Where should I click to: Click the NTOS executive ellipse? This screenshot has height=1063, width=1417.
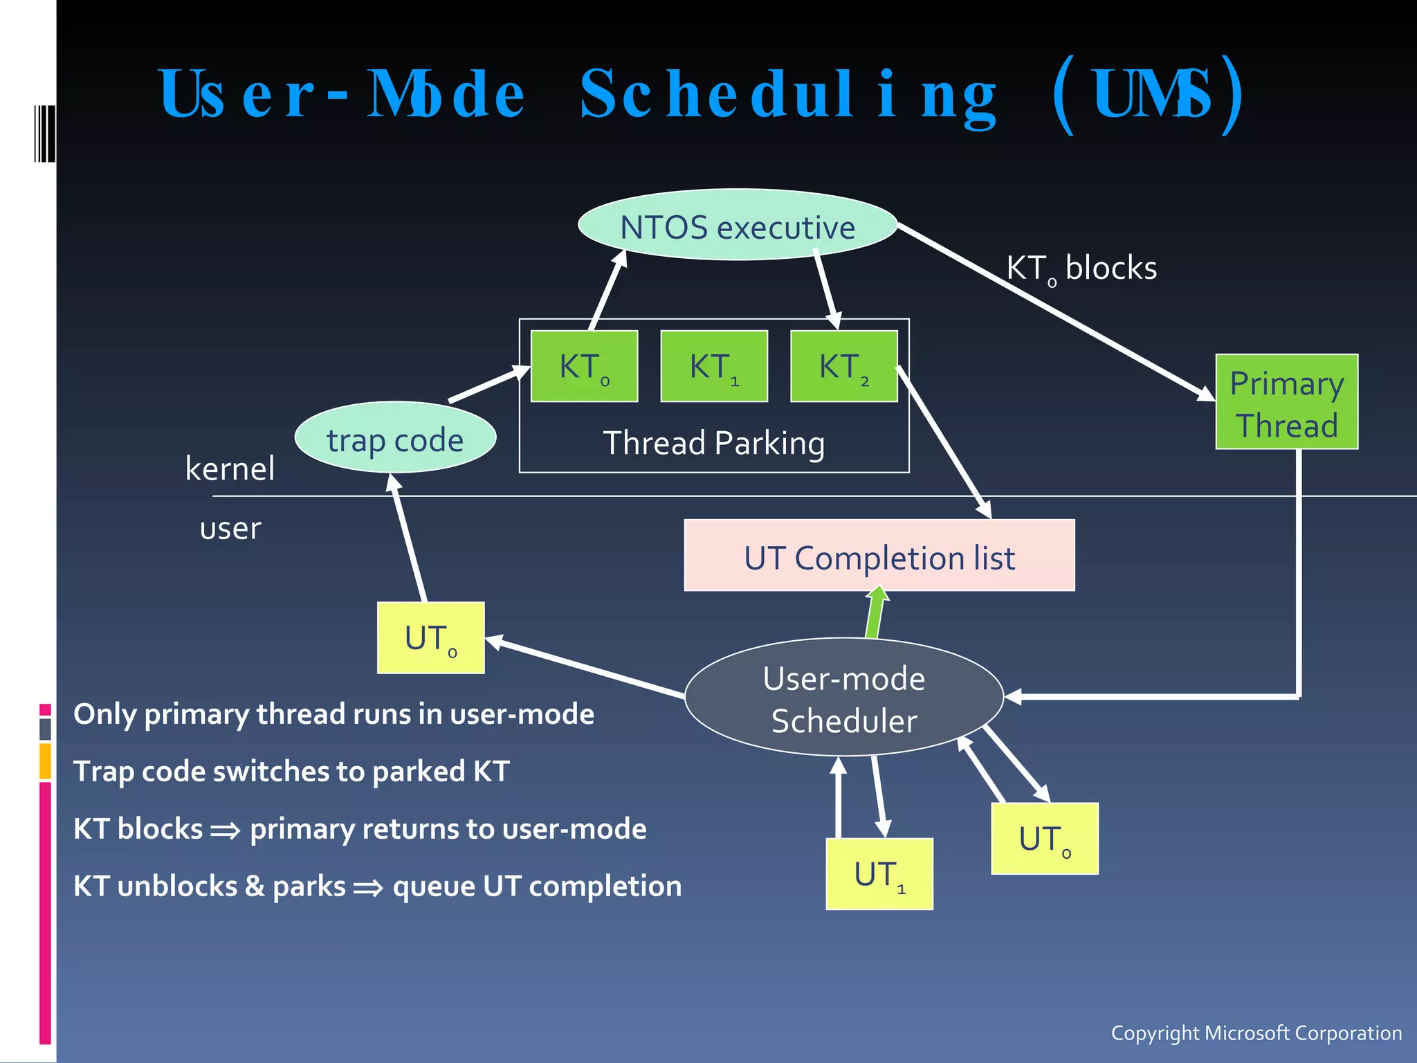pos(738,226)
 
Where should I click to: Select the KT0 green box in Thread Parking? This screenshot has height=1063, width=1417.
pos(584,366)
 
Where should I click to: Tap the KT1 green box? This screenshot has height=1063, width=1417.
pos(714,366)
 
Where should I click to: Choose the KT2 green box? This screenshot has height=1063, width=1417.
pos(843,366)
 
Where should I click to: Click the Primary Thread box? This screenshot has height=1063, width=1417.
pos(1286,402)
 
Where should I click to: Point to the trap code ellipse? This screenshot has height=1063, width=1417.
pos(395,438)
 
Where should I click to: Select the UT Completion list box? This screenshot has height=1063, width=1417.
pos(879,556)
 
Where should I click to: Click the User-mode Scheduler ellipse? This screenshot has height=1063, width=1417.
pos(843,698)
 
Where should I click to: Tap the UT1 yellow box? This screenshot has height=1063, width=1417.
pos(879,873)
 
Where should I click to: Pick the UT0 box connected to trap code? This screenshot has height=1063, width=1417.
pos(430,637)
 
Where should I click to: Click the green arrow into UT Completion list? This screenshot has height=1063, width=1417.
pos(875,612)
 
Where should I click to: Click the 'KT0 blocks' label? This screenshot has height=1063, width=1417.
pos(1081,269)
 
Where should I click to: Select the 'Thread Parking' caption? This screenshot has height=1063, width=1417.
pos(714,443)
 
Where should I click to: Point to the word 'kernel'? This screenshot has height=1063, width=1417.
pos(230,469)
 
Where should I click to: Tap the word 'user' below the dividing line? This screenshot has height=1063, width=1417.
pos(230,529)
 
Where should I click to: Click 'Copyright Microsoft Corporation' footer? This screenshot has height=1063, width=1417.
pos(1256,1033)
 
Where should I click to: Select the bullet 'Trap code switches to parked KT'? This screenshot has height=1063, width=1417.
pos(291,771)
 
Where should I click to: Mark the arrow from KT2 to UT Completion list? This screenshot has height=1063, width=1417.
pos(944,443)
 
